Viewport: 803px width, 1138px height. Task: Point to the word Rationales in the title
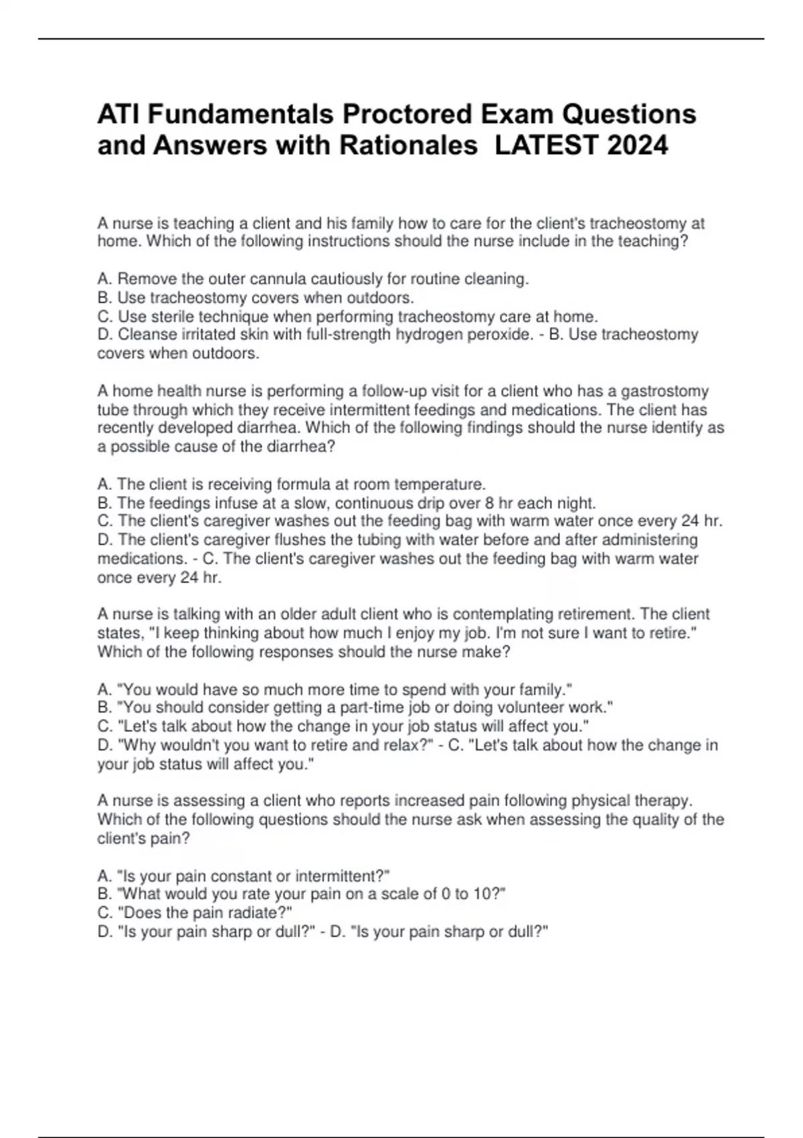(x=409, y=145)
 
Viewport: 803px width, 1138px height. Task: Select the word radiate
(x=258, y=913)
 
